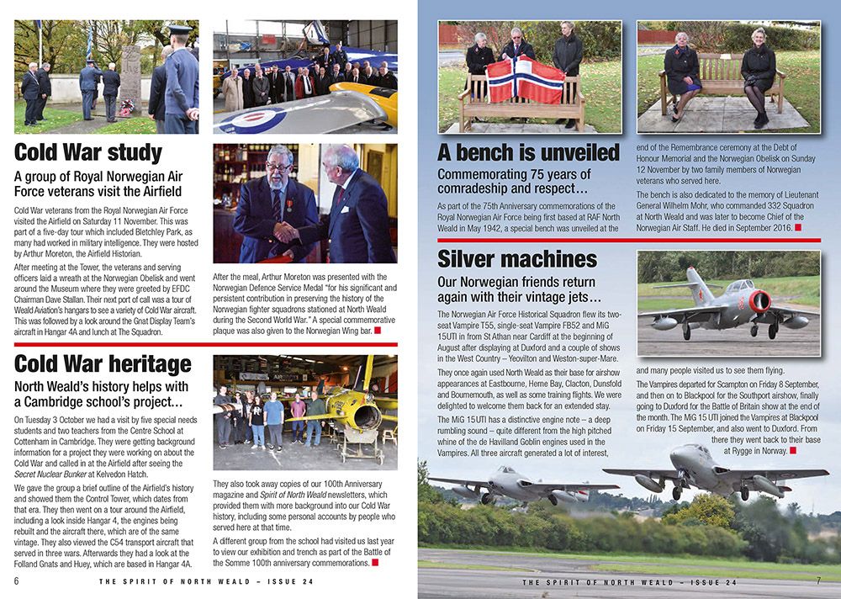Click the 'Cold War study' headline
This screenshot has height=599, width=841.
[x=88, y=154]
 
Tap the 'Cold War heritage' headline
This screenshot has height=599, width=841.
[x=103, y=365]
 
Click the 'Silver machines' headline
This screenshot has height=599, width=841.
[x=517, y=258]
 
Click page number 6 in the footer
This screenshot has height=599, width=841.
[x=17, y=581]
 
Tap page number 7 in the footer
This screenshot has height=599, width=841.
[x=818, y=581]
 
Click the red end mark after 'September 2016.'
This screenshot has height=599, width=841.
[x=796, y=227]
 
